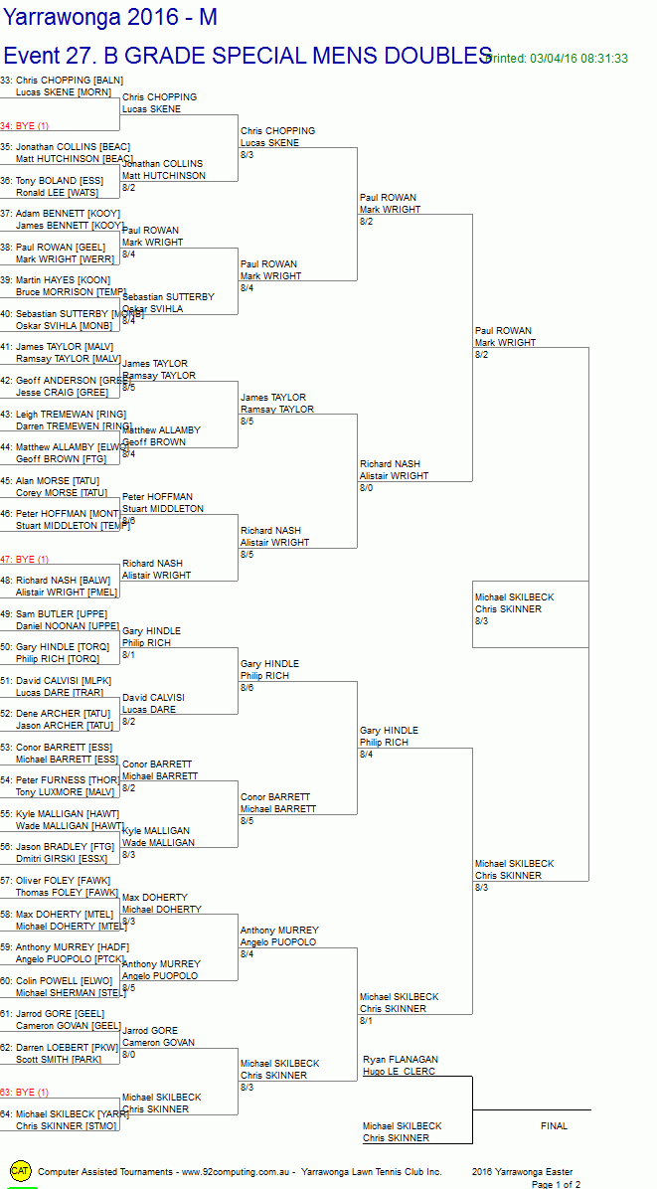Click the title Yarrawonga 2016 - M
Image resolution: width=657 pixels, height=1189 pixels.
(x=109, y=17)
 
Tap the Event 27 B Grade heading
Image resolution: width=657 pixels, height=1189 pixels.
(x=247, y=55)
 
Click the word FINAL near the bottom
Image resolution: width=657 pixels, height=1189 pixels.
(x=554, y=1126)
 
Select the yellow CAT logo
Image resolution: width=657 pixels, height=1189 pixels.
(x=20, y=1171)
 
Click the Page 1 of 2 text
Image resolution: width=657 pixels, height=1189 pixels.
(x=556, y=1184)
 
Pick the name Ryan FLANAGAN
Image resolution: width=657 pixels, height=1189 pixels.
(x=401, y=1060)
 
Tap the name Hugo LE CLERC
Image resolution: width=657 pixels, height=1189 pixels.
(x=399, y=1072)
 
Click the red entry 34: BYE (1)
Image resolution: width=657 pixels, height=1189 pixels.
(x=25, y=126)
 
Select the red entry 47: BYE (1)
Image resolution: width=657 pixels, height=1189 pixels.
(x=25, y=560)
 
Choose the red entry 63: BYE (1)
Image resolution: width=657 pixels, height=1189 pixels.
(x=25, y=1093)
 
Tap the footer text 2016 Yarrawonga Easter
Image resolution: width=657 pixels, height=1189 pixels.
(x=522, y=1172)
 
